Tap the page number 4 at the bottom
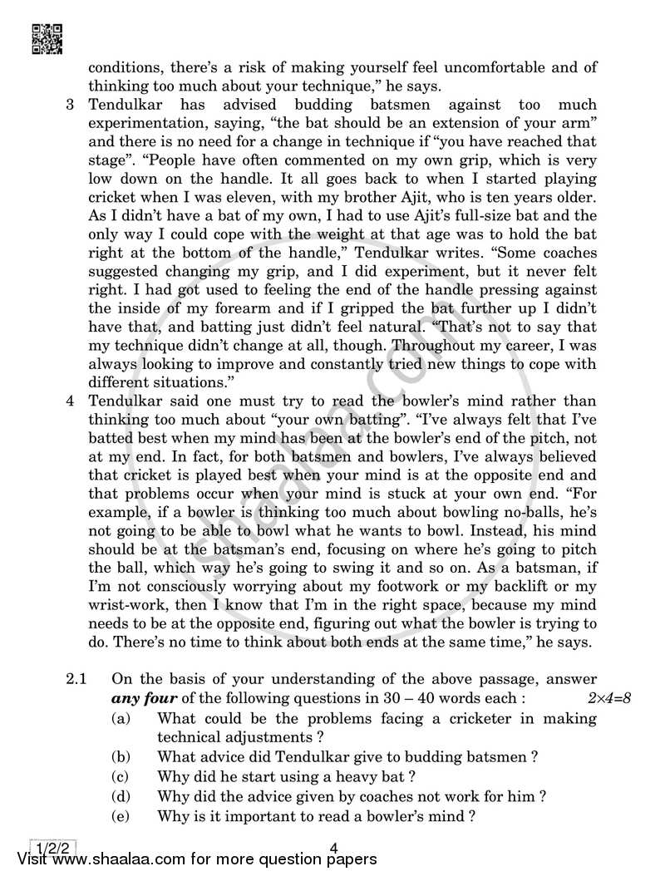[x=333, y=848]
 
